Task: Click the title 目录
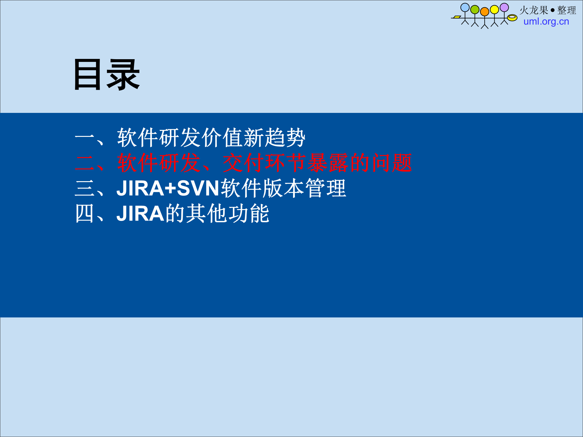point(107,75)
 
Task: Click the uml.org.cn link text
point(546,22)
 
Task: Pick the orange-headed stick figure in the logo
point(485,18)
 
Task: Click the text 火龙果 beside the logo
point(534,10)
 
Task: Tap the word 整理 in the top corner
point(567,10)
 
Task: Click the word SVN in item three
point(198,188)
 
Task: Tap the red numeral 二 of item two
point(85,163)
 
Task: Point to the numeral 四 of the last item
point(84,214)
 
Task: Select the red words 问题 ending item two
point(391,163)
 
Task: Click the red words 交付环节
point(264,163)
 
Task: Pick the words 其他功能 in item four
point(227,214)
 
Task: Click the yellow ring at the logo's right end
point(512,18)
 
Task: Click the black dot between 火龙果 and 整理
point(552,10)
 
